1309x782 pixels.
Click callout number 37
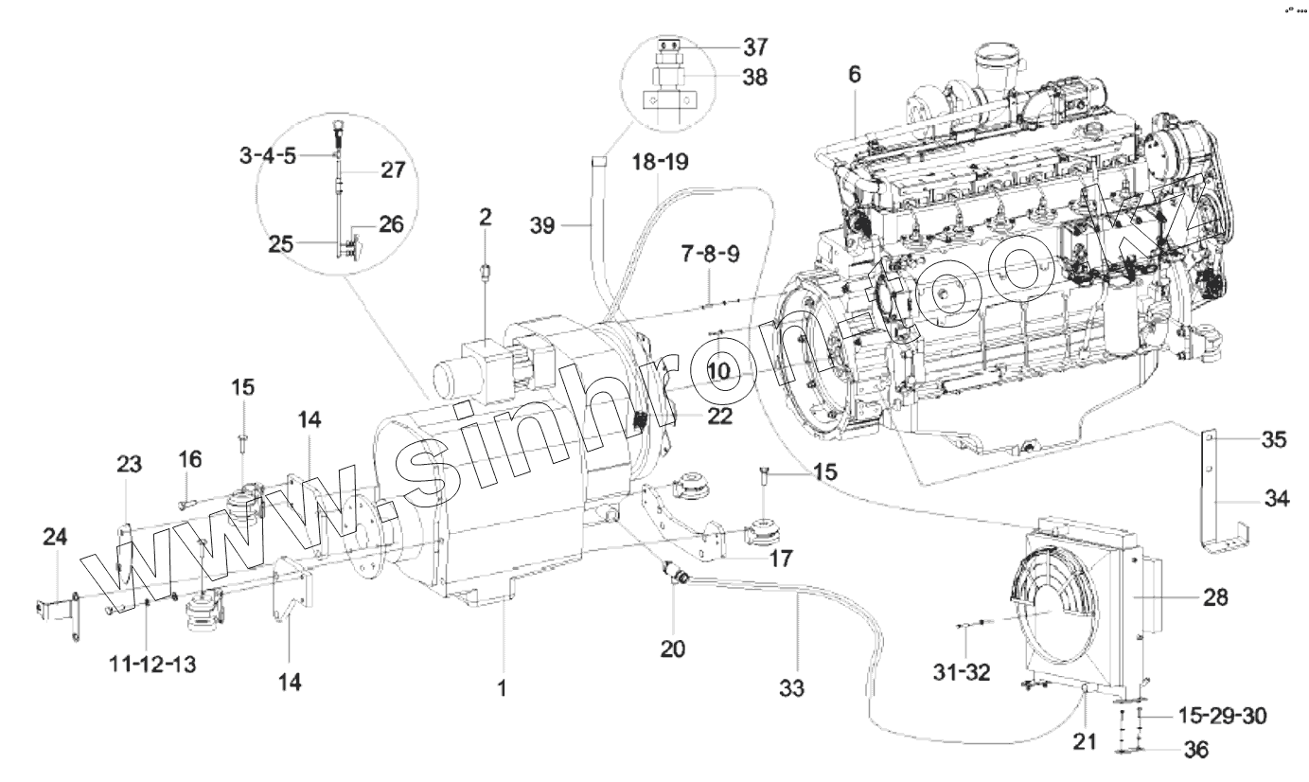tap(755, 46)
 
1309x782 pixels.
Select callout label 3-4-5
tap(266, 154)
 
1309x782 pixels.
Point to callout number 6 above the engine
tap(855, 76)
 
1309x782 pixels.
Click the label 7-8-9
tap(709, 256)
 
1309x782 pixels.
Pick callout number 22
tap(718, 416)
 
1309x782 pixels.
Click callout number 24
tap(55, 538)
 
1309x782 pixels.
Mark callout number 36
tap(1195, 750)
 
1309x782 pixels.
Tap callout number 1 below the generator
tap(503, 689)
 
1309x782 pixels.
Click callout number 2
tap(485, 217)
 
